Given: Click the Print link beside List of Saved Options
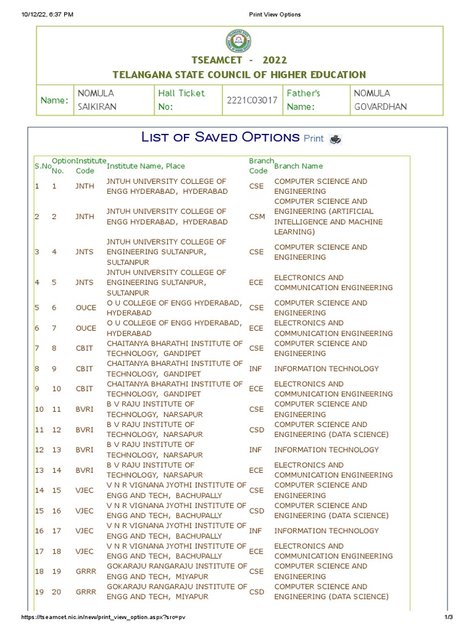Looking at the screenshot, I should (314, 138).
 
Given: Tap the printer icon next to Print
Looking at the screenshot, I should (335, 139).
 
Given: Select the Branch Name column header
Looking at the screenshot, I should (298, 166).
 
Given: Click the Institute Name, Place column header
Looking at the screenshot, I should (146, 166).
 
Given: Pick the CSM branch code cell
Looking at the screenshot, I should (257, 217).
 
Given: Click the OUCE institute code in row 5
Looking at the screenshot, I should (86, 308).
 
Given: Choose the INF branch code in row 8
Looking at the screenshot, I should (256, 369).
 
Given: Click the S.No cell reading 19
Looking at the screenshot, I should (39, 592).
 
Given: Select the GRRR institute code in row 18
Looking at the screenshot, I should (86, 572).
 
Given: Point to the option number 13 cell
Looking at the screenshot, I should (57, 450).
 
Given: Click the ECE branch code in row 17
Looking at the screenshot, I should (256, 551).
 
